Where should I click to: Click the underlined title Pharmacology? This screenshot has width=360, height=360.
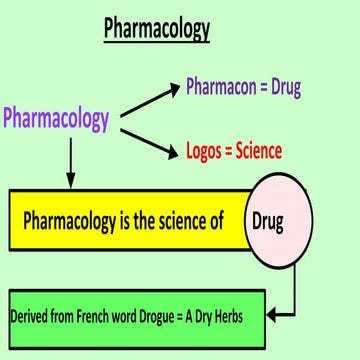click(157, 29)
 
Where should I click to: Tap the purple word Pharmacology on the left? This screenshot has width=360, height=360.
click(56, 119)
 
